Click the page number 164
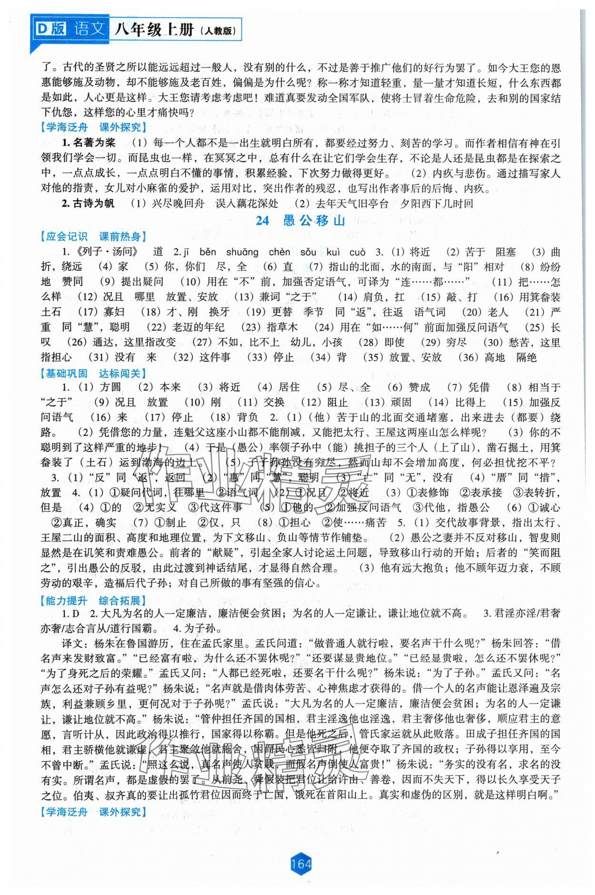pos(299,863)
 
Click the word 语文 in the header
pos(89,29)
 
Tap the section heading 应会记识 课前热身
pos(94,236)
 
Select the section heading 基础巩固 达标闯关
pos(94,373)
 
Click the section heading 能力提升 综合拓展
pos(94,601)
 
